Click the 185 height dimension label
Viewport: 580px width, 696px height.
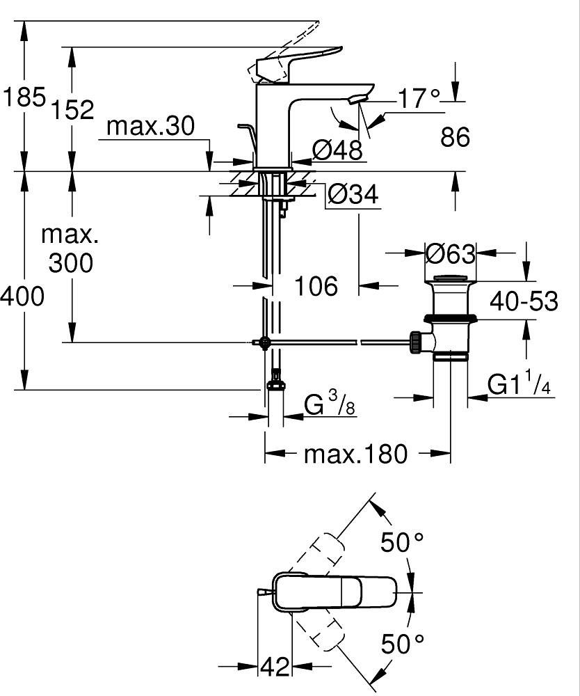tap(24, 97)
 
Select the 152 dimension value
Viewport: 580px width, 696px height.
tap(72, 109)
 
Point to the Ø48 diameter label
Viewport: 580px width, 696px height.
tap(337, 149)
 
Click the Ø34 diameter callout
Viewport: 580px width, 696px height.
tap(353, 195)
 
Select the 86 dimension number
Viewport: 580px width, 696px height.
tap(456, 137)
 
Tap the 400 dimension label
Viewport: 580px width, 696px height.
tap(22, 296)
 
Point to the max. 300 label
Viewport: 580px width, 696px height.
tap(70, 248)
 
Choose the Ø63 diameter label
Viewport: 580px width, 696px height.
tap(450, 254)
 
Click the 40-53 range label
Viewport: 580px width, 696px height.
tap(524, 301)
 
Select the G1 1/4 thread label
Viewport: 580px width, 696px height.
tap(518, 384)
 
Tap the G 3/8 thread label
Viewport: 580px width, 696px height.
tap(330, 404)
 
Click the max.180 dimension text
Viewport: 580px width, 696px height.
tap(355, 454)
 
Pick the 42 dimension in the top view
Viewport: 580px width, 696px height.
tap(274, 667)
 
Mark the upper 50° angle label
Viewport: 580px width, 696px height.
tap(402, 542)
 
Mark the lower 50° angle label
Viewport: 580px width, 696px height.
tap(402, 644)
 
